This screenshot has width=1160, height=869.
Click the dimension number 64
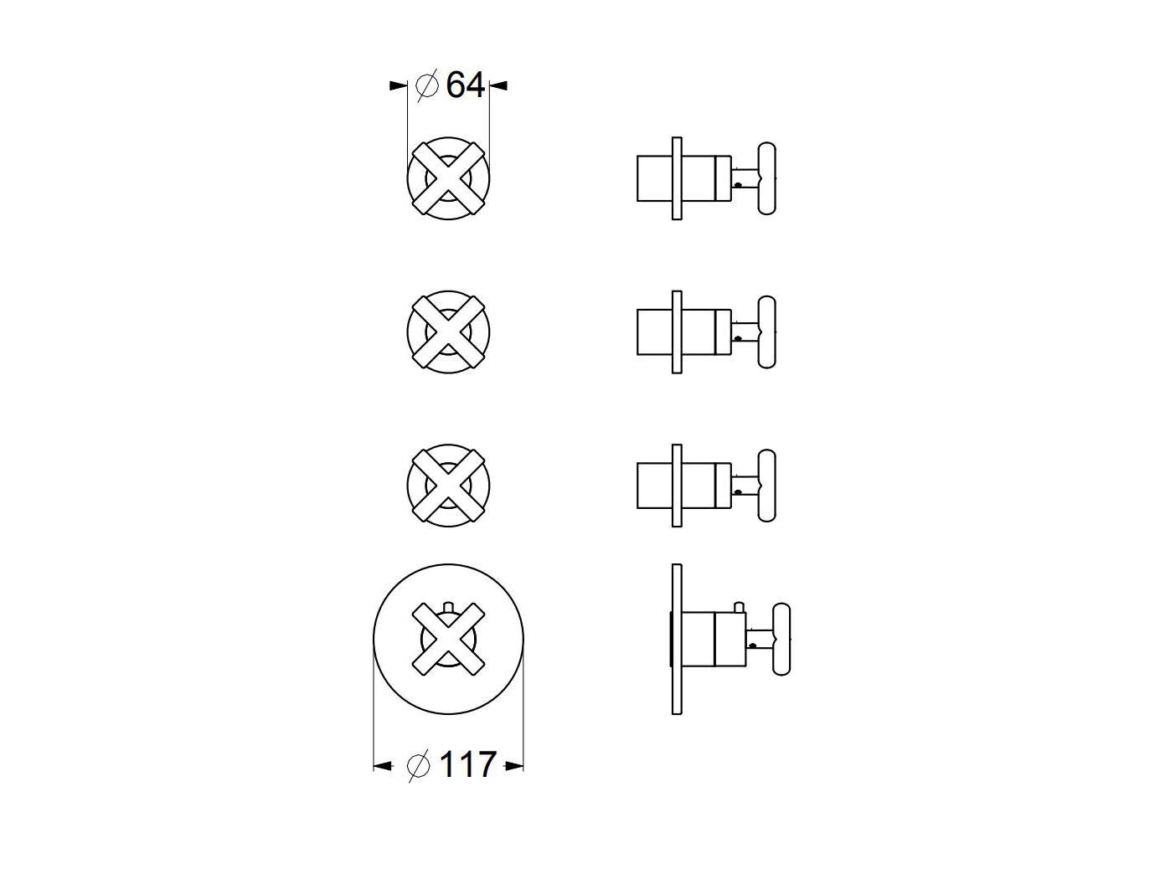point(465,85)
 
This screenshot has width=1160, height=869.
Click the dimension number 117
point(467,764)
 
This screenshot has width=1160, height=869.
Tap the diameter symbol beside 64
point(427,85)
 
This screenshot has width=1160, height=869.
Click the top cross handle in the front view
point(448,178)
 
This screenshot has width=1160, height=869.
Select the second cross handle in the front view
point(448,332)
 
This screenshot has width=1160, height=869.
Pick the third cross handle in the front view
point(448,485)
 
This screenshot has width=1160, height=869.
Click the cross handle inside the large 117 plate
point(448,640)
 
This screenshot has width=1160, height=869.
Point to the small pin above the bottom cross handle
point(449,606)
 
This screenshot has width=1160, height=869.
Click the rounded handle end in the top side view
point(767,178)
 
